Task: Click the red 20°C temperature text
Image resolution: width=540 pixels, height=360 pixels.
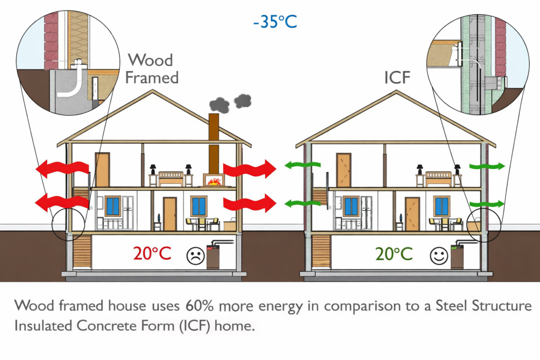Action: tap(152, 254)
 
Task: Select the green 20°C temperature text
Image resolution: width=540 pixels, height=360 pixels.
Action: tap(394, 254)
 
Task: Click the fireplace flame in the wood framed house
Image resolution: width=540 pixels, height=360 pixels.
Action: tap(214, 181)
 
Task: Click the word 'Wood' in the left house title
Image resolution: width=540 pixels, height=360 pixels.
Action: tap(150, 60)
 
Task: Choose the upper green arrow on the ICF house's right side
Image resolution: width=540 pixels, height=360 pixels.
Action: tap(486, 167)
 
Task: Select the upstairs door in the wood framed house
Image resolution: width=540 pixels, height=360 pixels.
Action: tap(102, 170)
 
